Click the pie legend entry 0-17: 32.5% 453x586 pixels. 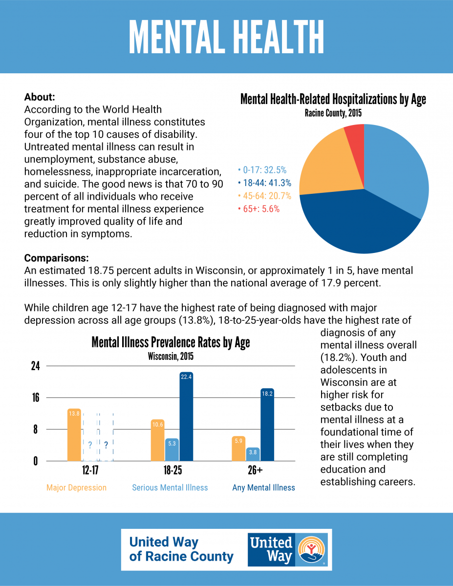[x=262, y=170]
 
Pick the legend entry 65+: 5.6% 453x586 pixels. [x=259, y=209]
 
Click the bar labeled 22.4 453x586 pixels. [x=187, y=417]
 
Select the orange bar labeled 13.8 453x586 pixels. [x=74, y=435]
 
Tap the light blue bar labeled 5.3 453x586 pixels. [x=172, y=450]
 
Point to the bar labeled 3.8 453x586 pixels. [x=253, y=454]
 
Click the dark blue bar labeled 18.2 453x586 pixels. [x=267, y=425]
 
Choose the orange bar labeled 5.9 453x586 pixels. [x=238, y=448]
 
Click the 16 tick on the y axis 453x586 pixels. [x=36, y=398]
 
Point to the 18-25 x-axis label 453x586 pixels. [x=173, y=470]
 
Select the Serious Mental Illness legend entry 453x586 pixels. [x=170, y=487]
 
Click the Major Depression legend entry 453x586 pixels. [x=76, y=487]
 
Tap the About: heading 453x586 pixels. [x=40, y=97]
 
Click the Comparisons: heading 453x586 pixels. [x=56, y=258]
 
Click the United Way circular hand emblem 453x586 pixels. [x=312, y=549]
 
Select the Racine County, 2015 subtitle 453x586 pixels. [x=333, y=113]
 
